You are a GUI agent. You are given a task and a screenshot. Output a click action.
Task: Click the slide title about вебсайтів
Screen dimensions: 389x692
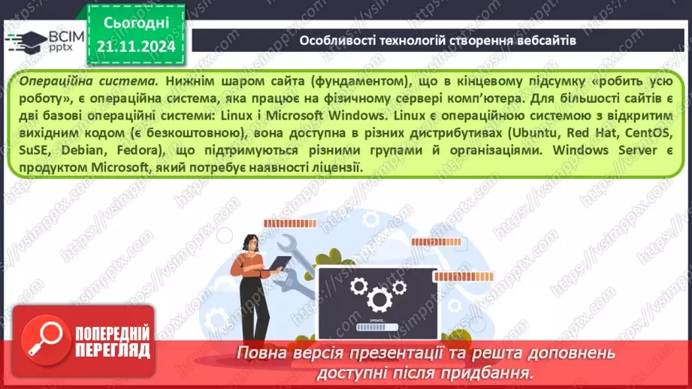(x=438, y=41)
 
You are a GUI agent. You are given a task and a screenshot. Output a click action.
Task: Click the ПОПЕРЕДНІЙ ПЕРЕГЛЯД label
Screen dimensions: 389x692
(x=112, y=340)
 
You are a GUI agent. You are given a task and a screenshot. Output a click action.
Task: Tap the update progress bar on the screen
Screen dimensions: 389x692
(x=374, y=327)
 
